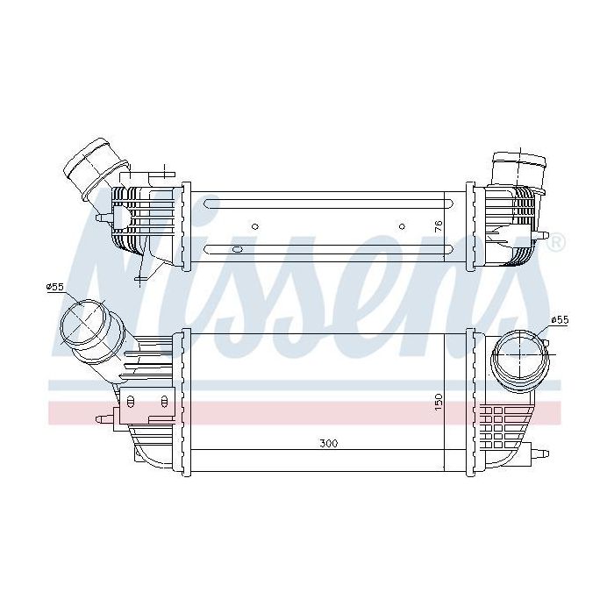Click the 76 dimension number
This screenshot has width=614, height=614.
click(439, 226)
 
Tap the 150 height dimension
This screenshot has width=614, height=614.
click(439, 402)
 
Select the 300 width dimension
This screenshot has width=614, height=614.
click(329, 443)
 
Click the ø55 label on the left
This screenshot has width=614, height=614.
click(54, 287)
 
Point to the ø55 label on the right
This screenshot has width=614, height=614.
click(560, 320)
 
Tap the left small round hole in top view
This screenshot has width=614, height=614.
click(255, 226)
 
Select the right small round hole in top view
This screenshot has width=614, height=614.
click(402, 226)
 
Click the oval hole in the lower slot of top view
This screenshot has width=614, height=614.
click(238, 249)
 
